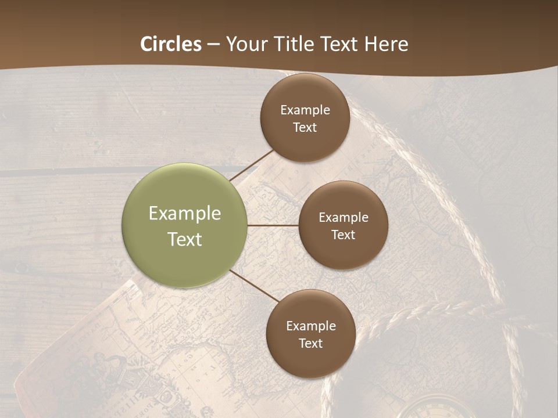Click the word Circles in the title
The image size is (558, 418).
pyautogui.click(x=171, y=44)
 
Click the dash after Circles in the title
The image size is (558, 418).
pyautogui.click(x=213, y=45)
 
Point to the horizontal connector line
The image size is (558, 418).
pyautogui.click(x=273, y=225)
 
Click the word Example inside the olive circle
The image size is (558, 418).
pyautogui.click(x=185, y=213)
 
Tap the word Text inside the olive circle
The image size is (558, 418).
pyautogui.click(x=185, y=239)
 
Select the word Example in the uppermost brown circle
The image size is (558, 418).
pyautogui.click(x=305, y=110)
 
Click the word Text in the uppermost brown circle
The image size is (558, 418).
pyautogui.click(x=305, y=127)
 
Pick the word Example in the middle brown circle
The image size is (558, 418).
pyautogui.click(x=344, y=217)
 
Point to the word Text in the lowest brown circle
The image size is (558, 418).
pyautogui.click(x=311, y=343)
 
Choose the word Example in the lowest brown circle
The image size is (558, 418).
pyautogui.click(x=311, y=326)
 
